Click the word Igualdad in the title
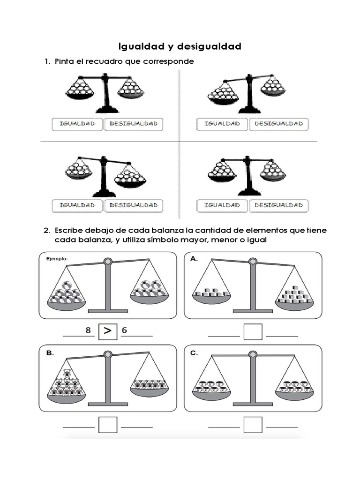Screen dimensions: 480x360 click(138, 46)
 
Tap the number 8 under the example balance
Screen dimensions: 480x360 click(88, 330)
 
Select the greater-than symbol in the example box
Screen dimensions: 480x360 click(107, 331)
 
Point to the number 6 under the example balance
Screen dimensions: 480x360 click(124, 330)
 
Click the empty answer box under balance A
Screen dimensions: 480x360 click(253, 332)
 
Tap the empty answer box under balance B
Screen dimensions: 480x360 click(107, 424)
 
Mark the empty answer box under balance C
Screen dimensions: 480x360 click(253, 424)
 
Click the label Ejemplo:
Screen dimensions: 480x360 click(57, 258)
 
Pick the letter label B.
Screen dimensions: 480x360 click(49, 354)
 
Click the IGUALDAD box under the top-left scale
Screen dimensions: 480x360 click(77, 124)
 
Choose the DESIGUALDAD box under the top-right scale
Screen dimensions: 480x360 click(279, 124)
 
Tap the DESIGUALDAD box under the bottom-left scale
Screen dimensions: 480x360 click(133, 205)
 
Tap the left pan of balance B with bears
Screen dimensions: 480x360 click(67, 389)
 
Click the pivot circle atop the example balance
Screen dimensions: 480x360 click(108, 261)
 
